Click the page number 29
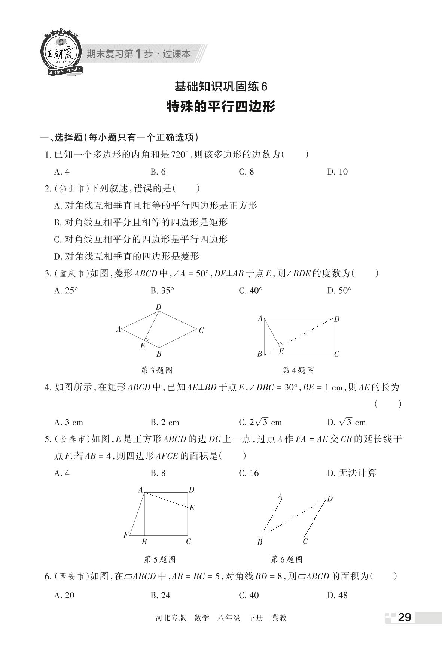click(404, 617)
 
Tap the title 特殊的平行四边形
click(221, 107)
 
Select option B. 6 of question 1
click(158, 172)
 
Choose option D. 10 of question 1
click(337, 172)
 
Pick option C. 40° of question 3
click(250, 291)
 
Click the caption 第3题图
click(156, 370)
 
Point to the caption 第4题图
click(298, 370)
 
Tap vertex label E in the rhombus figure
click(142, 346)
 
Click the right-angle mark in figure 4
click(280, 344)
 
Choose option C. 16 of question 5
click(249, 473)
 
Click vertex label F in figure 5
click(126, 535)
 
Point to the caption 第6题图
click(286, 560)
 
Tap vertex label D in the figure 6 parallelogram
click(330, 499)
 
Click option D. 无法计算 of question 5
click(351, 473)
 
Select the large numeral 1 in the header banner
click(138, 54)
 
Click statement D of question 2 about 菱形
click(127, 257)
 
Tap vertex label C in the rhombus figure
click(201, 330)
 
